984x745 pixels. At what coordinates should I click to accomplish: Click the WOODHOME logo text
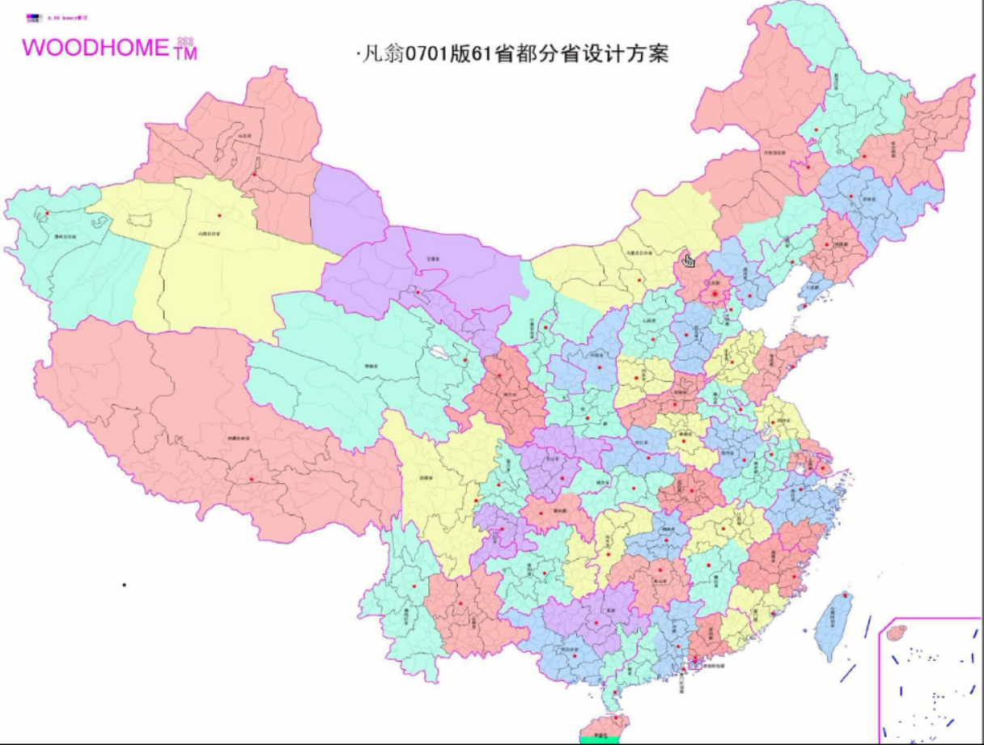95,48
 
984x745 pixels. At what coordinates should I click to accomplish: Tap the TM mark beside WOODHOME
185,53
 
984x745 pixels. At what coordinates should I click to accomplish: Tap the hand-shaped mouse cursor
689,260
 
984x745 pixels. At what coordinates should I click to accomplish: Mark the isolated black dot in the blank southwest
124,584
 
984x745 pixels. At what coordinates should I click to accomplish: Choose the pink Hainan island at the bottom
608,724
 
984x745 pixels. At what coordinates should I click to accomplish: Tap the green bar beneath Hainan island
600,739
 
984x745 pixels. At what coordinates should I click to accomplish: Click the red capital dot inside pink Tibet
252,479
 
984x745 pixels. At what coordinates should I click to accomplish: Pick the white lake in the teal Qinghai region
439,353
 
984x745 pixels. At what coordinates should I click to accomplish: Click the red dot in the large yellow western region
219,215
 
